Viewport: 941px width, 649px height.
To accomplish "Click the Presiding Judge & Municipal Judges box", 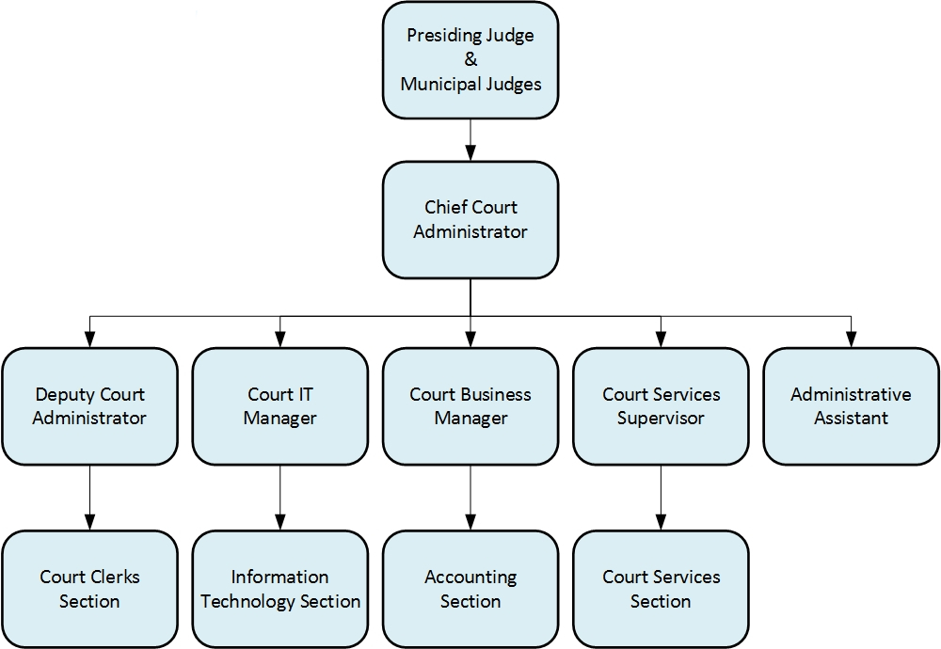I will [x=470, y=60].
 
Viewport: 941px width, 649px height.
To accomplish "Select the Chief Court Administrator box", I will [x=470, y=219].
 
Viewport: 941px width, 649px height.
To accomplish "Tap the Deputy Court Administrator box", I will [x=89, y=405].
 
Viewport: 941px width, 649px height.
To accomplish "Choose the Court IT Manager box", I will [x=279, y=405].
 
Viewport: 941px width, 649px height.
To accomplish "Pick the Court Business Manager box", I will [x=470, y=405].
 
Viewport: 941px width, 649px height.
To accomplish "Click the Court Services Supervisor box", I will [x=661, y=405].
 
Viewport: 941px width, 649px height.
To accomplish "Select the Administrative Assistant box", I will [x=851, y=405].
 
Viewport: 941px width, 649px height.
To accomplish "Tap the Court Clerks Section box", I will [x=89, y=588].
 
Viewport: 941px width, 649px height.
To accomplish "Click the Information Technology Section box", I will [x=279, y=588].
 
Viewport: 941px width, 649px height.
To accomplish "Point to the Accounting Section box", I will [x=470, y=588].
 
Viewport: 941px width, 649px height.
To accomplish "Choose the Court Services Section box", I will [x=661, y=588].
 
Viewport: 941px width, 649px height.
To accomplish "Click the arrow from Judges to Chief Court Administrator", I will [x=470, y=140].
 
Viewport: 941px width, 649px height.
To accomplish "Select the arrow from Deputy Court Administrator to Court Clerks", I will [x=89, y=498].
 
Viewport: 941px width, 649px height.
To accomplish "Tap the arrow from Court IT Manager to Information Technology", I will [x=279, y=498].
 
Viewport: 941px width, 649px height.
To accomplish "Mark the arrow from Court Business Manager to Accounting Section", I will [x=470, y=498].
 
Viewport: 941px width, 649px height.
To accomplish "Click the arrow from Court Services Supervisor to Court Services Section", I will [x=661, y=498].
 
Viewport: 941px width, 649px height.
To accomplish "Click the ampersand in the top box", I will [x=470, y=60].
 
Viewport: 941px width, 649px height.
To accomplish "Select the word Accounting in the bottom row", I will [x=470, y=577].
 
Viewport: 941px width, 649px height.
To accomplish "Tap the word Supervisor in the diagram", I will [x=661, y=419].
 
